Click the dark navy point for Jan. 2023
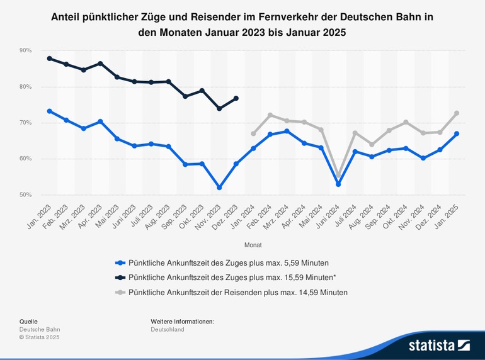click(50, 59)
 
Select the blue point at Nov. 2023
click(219, 188)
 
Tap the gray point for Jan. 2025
click(457, 113)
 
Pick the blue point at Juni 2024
click(338, 184)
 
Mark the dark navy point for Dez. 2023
click(236, 98)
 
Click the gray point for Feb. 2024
click(270, 115)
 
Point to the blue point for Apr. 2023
click(101, 121)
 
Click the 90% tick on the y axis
click(26, 50)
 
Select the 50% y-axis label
click(26, 195)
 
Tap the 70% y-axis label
click(26, 123)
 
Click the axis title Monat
click(253, 245)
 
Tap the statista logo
click(439, 345)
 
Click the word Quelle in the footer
click(29, 321)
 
